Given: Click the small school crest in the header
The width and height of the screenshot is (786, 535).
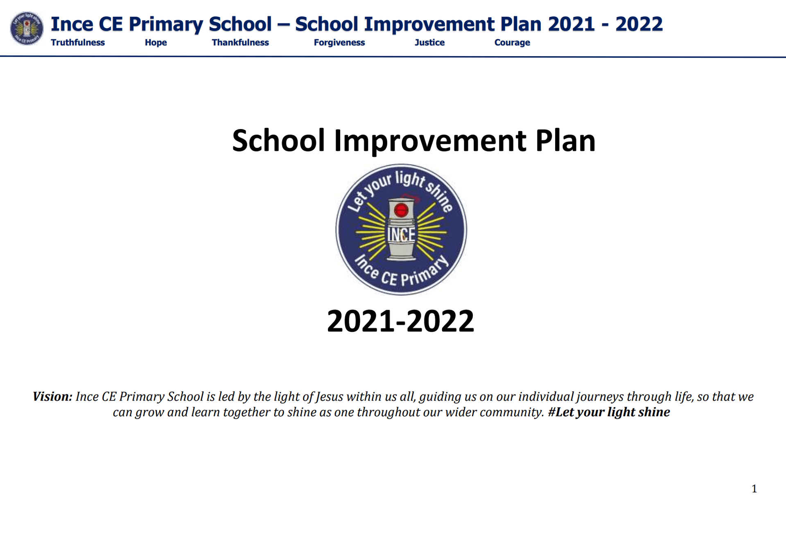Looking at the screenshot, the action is (27, 28).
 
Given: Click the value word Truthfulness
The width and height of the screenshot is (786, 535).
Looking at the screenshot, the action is (78, 43).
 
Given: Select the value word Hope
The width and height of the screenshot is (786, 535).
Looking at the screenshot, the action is (156, 43).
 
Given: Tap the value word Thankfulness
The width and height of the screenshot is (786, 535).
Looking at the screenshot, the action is (240, 43).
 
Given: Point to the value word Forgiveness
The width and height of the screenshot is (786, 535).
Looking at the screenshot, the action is (339, 43).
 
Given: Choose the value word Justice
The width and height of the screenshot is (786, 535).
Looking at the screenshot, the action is (429, 43).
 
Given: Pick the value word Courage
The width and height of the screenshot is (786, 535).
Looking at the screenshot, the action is (512, 43).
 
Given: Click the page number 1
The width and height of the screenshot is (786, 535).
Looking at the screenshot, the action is (754, 489).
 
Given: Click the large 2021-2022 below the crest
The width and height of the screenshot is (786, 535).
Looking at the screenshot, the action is (400, 321).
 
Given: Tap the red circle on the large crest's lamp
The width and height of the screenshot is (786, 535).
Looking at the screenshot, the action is (401, 210).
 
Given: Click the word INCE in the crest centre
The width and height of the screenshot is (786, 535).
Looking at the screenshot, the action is (401, 235).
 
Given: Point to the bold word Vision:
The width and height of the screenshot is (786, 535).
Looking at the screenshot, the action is (52, 397).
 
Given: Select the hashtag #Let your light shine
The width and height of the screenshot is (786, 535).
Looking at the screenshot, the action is (609, 412).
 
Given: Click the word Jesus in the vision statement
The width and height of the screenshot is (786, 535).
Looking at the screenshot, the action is (329, 397).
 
